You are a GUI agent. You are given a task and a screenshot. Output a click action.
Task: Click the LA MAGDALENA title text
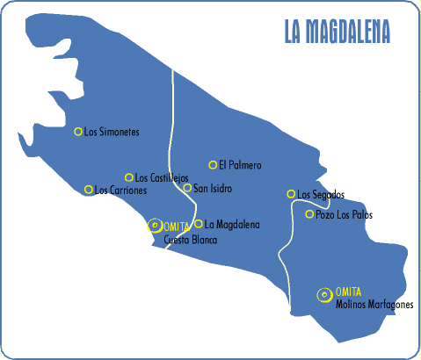(x=338, y=30)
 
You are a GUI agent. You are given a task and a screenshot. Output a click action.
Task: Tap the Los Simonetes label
(x=112, y=133)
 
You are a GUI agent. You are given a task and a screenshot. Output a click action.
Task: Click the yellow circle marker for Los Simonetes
(x=78, y=132)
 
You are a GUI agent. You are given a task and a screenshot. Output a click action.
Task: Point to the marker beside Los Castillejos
(x=129, y=177)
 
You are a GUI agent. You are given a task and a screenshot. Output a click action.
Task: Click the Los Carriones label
(x=121, y=191)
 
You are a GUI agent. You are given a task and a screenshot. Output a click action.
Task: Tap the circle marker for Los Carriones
(x=88, y=190)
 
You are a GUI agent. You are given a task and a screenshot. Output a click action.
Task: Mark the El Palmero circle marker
(x=213, y=164)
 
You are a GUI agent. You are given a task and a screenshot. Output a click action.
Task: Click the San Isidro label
(x=213, y=188)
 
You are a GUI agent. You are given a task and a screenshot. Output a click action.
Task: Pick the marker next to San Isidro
(x=187, y=187)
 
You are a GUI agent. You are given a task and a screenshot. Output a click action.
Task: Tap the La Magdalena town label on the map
(x=232, y=225)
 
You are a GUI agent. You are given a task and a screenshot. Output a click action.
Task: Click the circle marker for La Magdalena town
(x=199, y=224)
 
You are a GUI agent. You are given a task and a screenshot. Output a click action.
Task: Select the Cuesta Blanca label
(x=191, y=239)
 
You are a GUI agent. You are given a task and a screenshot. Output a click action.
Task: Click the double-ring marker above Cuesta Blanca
(x=155, y=225)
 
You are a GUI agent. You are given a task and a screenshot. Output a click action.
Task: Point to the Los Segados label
(x=321, y=195)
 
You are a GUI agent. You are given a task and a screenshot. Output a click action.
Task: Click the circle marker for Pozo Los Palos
(x=309, y=214)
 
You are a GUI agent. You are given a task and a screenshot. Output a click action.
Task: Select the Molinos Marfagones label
(x=374, y=306)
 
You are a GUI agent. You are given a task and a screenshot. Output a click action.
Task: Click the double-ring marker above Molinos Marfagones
(x=326, y=294)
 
